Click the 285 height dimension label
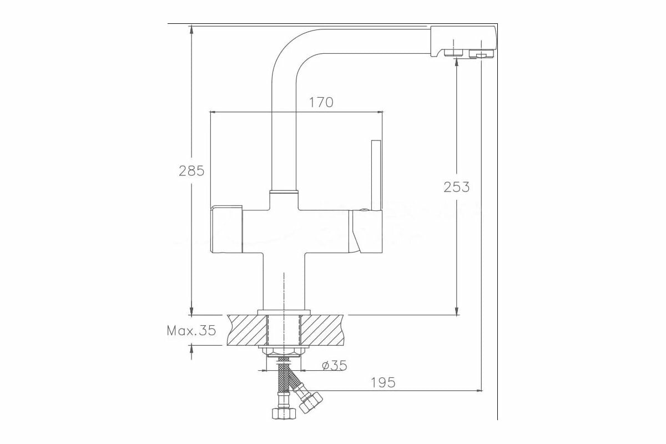pyautogui.click(x=191, y=170)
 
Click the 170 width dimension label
pyautogui.click(x=321, y=103)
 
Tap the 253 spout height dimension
pyautogui.click(x=456, y=187)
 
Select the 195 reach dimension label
pyautogui.click(x=382, y=382)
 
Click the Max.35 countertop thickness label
pyautogui.click(x=191, y=331)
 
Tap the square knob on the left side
pyautogui.click(x=226, y=229)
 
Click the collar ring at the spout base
pyautogui.click(x=284, y=193)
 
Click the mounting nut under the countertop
pyautogui.click(x=284, y=350)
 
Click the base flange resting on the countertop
pyautogui.click(x=284, y=312)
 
